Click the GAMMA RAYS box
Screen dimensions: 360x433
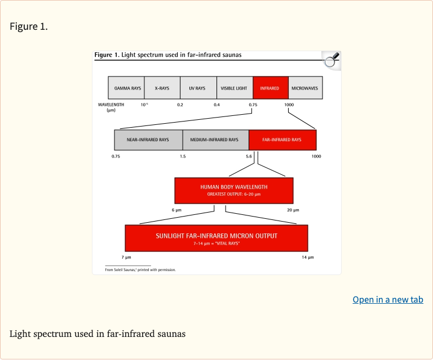click(127, 88)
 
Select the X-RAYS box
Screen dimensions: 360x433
click(162, 88)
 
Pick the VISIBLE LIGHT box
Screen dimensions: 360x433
click(235, 88)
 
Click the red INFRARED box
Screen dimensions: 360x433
click(270, 88)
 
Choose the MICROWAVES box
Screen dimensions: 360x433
click(305, 88)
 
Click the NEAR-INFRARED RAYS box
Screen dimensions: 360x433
click(148, 139)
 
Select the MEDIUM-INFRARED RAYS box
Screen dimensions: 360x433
click(215, 139)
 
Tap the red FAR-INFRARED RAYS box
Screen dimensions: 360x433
click(282, 139)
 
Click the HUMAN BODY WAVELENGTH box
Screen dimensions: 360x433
click(234, 190)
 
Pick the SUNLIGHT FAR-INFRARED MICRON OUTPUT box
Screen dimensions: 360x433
click(216, 238)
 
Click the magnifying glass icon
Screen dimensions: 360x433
click(332, 60)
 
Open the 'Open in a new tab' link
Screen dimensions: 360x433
click(387, 299)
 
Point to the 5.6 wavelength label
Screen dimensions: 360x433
click(249, 156)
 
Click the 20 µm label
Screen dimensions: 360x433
click(293, 210)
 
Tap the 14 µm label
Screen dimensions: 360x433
click(307, 257)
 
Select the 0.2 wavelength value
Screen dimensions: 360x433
click(180, 105)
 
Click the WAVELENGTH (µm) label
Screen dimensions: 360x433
click(111, 107)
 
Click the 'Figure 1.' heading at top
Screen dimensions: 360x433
click(29, 26)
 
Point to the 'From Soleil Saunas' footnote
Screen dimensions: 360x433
click(140, 270)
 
